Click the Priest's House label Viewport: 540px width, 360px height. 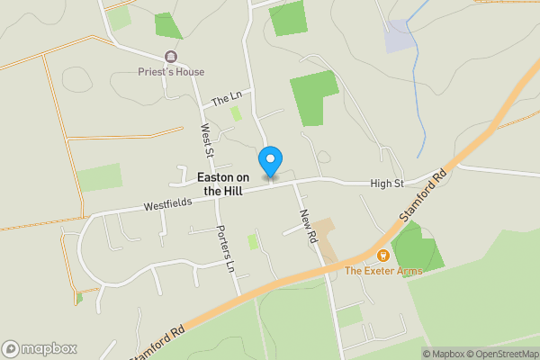pos(171,72)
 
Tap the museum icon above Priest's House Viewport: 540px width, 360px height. pos(171,57)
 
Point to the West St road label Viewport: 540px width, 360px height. pos(206,143)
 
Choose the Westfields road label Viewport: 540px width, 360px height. pos(167,205)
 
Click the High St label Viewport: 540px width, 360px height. pos(386,184)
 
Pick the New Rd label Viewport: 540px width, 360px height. pos(307,224)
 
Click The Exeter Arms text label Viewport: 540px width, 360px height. pos(383,271)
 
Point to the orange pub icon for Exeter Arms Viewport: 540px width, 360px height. pos(383,256)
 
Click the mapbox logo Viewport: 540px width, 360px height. pos(40,348)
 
